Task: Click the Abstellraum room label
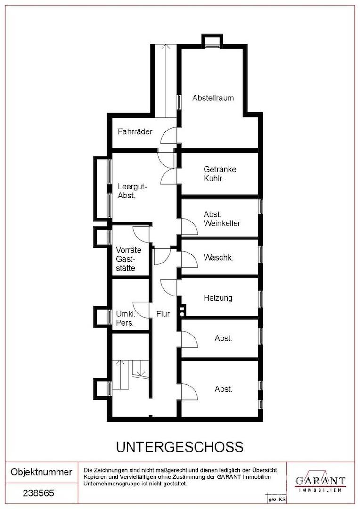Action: click(213, 98)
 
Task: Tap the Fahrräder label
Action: click(135, 131)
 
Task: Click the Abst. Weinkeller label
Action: click(222, 219)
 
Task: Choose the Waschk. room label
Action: click(219, 258)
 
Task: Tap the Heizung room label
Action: click(218, 298)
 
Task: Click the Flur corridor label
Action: click(163, 314)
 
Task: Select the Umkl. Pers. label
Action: click(126, 319)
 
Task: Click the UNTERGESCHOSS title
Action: click(180, 447)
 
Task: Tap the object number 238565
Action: click(38, 493)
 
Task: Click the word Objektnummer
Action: click(41, 472)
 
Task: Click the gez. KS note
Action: click(277, 500)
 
